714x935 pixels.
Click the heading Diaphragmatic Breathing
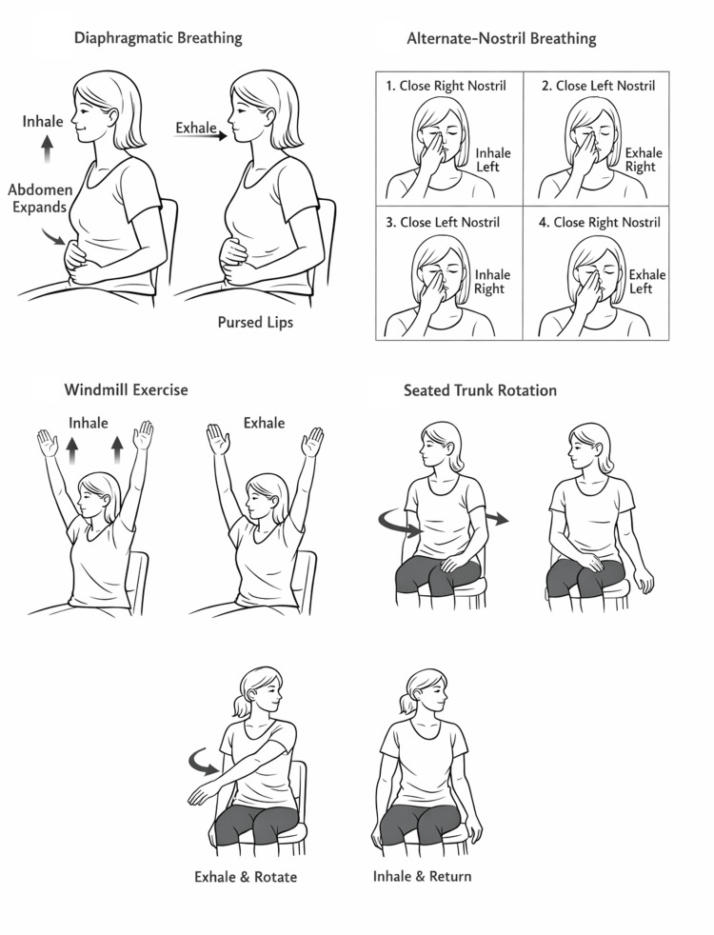[158, 39]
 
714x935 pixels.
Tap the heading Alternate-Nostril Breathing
[502, 39]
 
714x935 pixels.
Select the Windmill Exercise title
[126, 390]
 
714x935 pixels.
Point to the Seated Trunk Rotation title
[480, 390]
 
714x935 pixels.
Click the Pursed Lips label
[255, 323]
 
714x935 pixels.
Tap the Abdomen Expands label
[40, 199]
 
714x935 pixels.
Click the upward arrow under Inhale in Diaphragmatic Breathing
[47, 149]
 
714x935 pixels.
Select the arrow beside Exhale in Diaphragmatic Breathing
[200, 136]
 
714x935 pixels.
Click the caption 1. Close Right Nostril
[446, 86]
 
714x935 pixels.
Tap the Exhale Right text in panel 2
[644, 160]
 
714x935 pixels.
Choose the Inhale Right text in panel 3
[491, 282]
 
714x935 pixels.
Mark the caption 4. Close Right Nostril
[600, 223]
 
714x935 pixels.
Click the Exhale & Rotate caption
[246, 877]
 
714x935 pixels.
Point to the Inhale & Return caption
[422, 877]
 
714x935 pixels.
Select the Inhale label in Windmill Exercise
[89, 423]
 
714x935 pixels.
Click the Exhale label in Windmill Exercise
[264, 423]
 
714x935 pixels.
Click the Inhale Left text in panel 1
[493, 160]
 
